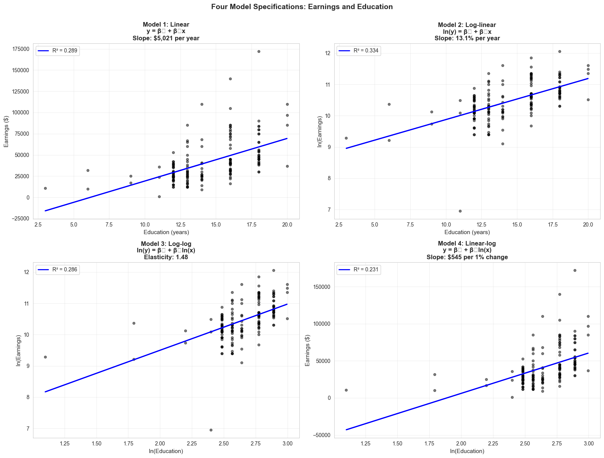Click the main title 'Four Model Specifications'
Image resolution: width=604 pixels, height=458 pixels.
click(302, 7)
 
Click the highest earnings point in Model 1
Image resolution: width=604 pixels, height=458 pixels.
click(259, 51)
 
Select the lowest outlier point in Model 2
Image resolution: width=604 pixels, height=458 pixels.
click(460, 211)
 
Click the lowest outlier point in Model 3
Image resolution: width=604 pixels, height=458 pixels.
click(211, 430)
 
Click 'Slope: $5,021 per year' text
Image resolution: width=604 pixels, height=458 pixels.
click(166, 38)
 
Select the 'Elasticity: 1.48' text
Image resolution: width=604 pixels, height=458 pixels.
click(166, 257)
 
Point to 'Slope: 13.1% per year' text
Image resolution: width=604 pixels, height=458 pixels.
click(467, 38)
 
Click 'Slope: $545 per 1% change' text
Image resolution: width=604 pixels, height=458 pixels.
click(467, 257)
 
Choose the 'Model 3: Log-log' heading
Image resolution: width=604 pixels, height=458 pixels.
click(166, 244)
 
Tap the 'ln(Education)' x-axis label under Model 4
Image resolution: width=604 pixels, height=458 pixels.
click(467, 451)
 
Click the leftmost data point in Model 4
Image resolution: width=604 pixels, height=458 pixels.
click(346, 390)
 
